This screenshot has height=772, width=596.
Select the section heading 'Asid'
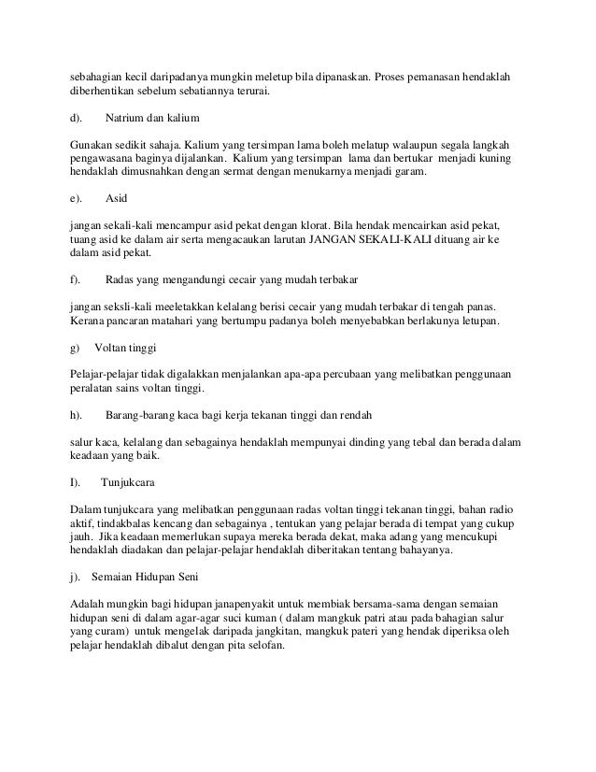(x=117, y=199)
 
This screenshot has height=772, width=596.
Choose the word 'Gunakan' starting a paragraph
(x=92, y=146)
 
